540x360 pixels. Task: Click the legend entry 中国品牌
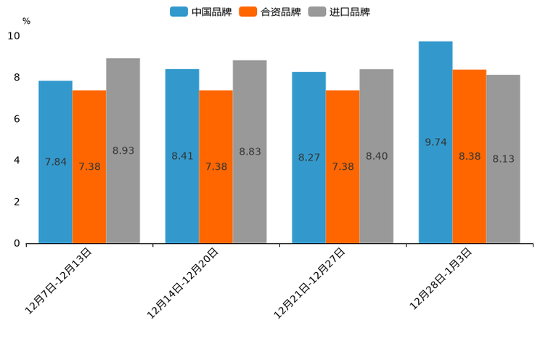201,12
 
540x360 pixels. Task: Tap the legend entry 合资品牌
270,12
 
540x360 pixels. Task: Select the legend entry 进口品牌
339,12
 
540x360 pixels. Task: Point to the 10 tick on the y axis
14,36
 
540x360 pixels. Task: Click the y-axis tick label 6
17,119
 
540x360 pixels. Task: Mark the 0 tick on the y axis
17,243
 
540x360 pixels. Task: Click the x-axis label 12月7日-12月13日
59,280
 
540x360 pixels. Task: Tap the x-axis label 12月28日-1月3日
441,279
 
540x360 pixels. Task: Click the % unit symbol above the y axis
26,21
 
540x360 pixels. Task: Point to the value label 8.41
182,156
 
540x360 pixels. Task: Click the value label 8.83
250,152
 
